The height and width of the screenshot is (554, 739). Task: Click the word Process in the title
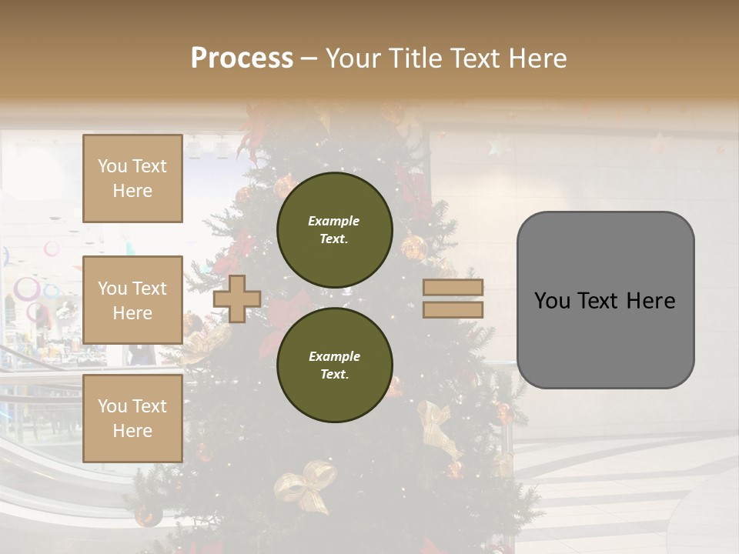242,58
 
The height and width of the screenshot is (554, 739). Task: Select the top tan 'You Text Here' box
132,179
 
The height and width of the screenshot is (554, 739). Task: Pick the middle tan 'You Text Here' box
132,300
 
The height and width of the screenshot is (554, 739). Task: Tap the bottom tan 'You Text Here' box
132,418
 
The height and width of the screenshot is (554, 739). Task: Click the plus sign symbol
237,299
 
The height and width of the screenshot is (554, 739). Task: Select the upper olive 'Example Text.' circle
334,229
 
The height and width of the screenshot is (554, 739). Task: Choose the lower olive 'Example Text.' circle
334,365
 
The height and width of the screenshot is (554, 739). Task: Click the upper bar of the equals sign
453,288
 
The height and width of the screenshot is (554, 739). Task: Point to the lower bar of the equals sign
453,309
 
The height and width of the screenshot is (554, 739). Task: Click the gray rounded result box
605,300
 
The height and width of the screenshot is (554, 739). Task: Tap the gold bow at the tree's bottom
306,485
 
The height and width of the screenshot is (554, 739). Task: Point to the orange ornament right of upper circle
413,248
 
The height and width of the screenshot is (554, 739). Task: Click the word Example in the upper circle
333,221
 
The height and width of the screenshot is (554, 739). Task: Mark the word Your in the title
356,58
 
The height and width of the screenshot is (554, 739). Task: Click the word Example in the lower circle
333,356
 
